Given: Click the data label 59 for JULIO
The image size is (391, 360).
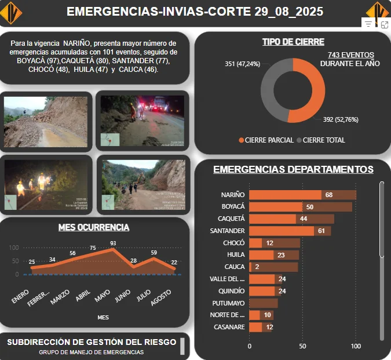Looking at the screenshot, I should [154, 252].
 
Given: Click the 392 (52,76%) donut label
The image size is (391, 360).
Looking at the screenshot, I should [344, 120].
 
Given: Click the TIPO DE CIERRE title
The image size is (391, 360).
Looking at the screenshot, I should [293, 42].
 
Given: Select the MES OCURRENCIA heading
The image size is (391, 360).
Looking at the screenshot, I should [94, 227].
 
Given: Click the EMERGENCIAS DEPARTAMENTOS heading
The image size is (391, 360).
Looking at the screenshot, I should [293, 169].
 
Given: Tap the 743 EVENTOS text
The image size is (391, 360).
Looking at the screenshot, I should [350, 55].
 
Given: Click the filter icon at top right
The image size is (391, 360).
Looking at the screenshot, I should [368, 24].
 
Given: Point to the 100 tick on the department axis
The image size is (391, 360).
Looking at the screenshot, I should [356, 346].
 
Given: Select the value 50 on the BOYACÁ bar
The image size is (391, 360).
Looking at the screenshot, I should [310, 207].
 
